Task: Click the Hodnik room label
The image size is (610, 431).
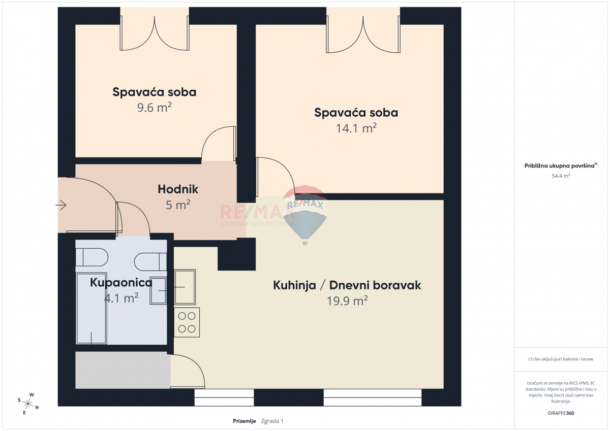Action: pyautogui.click(x=178, y=189)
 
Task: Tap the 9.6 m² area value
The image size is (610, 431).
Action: pyautogui.click(x=155, y=108)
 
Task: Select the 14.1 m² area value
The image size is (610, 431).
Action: pyautogui.click(x=356, y=128)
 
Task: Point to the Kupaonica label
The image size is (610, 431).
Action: pyautogui.click(x=121, y=283)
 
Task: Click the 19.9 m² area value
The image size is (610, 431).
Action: pyautogui.click(x=347, y=301)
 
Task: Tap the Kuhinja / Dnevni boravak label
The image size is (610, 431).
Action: pyautogui.click(x=347, y=285)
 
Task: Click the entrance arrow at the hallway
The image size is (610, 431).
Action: pyautogui.click(x=61, y=205)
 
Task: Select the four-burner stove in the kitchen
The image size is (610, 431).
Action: pyautogui.click(x=187, y=322)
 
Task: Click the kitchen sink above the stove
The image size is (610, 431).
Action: pyautogui.click(x=185, y=287)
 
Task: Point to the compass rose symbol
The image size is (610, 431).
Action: pyautogui.click(x=28, y=404)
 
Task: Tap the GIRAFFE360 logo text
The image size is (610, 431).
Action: pyautogui.click(x=561, y=413)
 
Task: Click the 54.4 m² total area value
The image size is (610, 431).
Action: pyautogui.click(x=561, y=176)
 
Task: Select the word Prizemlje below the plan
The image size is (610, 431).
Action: pyautogui.click(x=245, y=421)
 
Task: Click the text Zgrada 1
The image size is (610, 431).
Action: pyautogui.click(x=272, y=421)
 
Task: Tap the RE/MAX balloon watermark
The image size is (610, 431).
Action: pyautogui.click(x=305, y=215)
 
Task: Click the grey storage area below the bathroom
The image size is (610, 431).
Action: pyautogui.click(x=123, y=370)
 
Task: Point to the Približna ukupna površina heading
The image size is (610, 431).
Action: pyautogui.click(x=561, y=165)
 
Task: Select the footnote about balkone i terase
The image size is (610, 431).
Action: pyautogui.click(x=561, y=359)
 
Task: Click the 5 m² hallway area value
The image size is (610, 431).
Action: pyautogui.click(x=178, y=205)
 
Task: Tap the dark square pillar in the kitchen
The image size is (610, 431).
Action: pyautogui.click(x=237, y=254)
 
